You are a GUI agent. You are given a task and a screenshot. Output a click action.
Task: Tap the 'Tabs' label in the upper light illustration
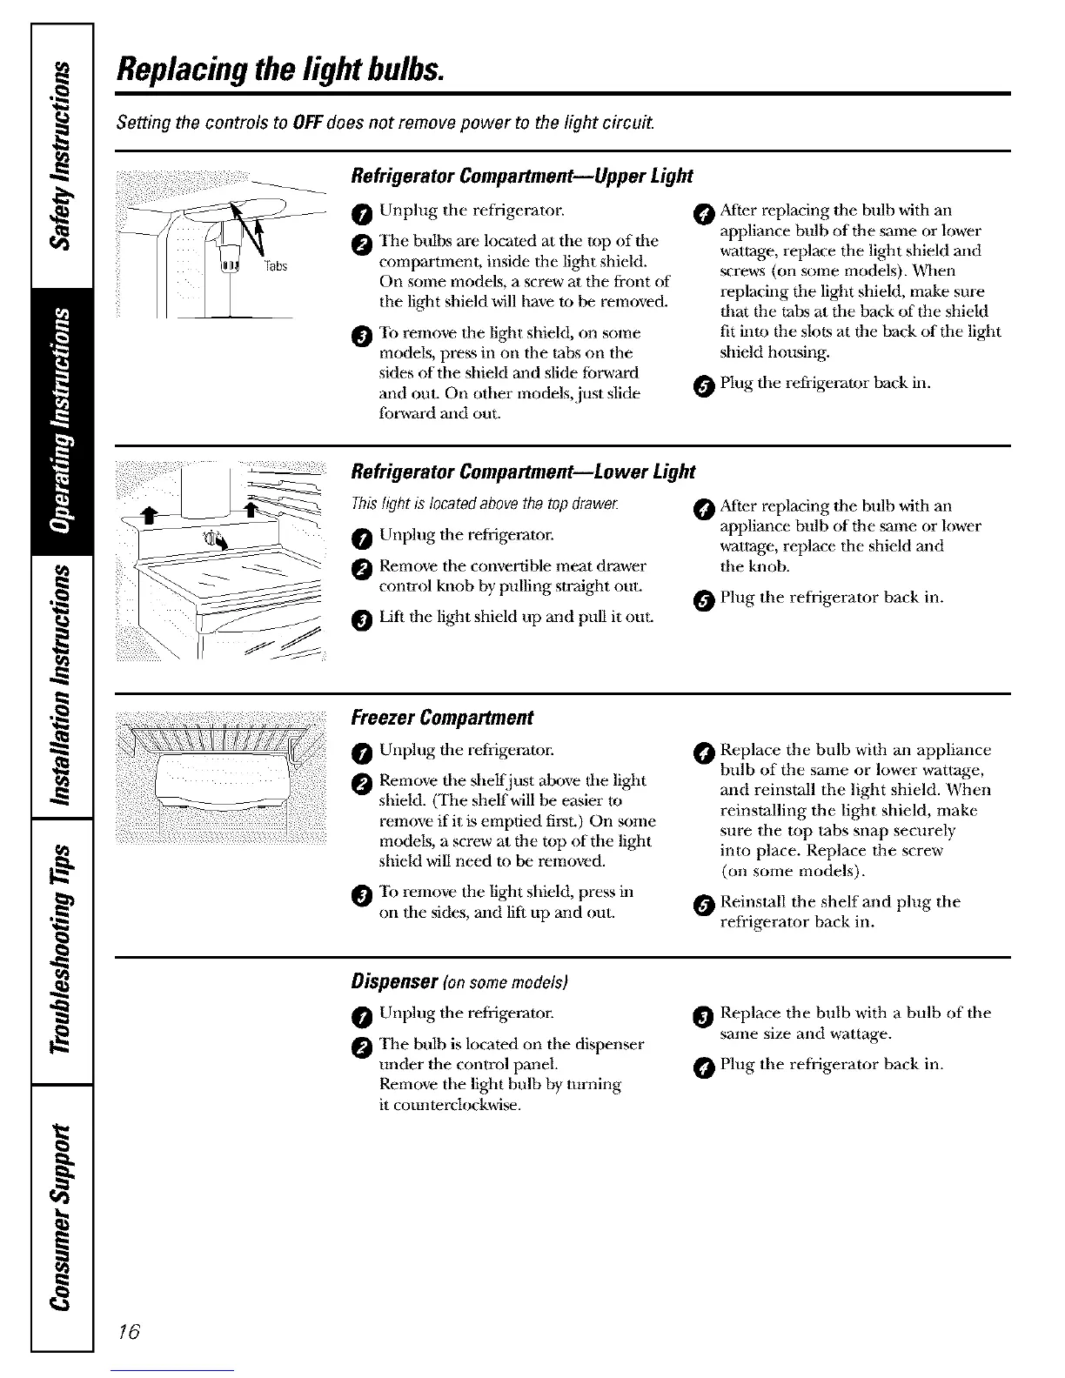(277, 266)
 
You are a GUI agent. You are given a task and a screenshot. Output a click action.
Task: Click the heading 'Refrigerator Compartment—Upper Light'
(520, 177)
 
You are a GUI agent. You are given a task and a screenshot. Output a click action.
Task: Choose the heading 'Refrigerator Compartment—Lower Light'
(522, 472)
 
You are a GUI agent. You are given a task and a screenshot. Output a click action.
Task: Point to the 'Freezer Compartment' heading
(441, 718)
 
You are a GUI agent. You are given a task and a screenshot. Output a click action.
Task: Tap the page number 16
(129, 1333)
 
